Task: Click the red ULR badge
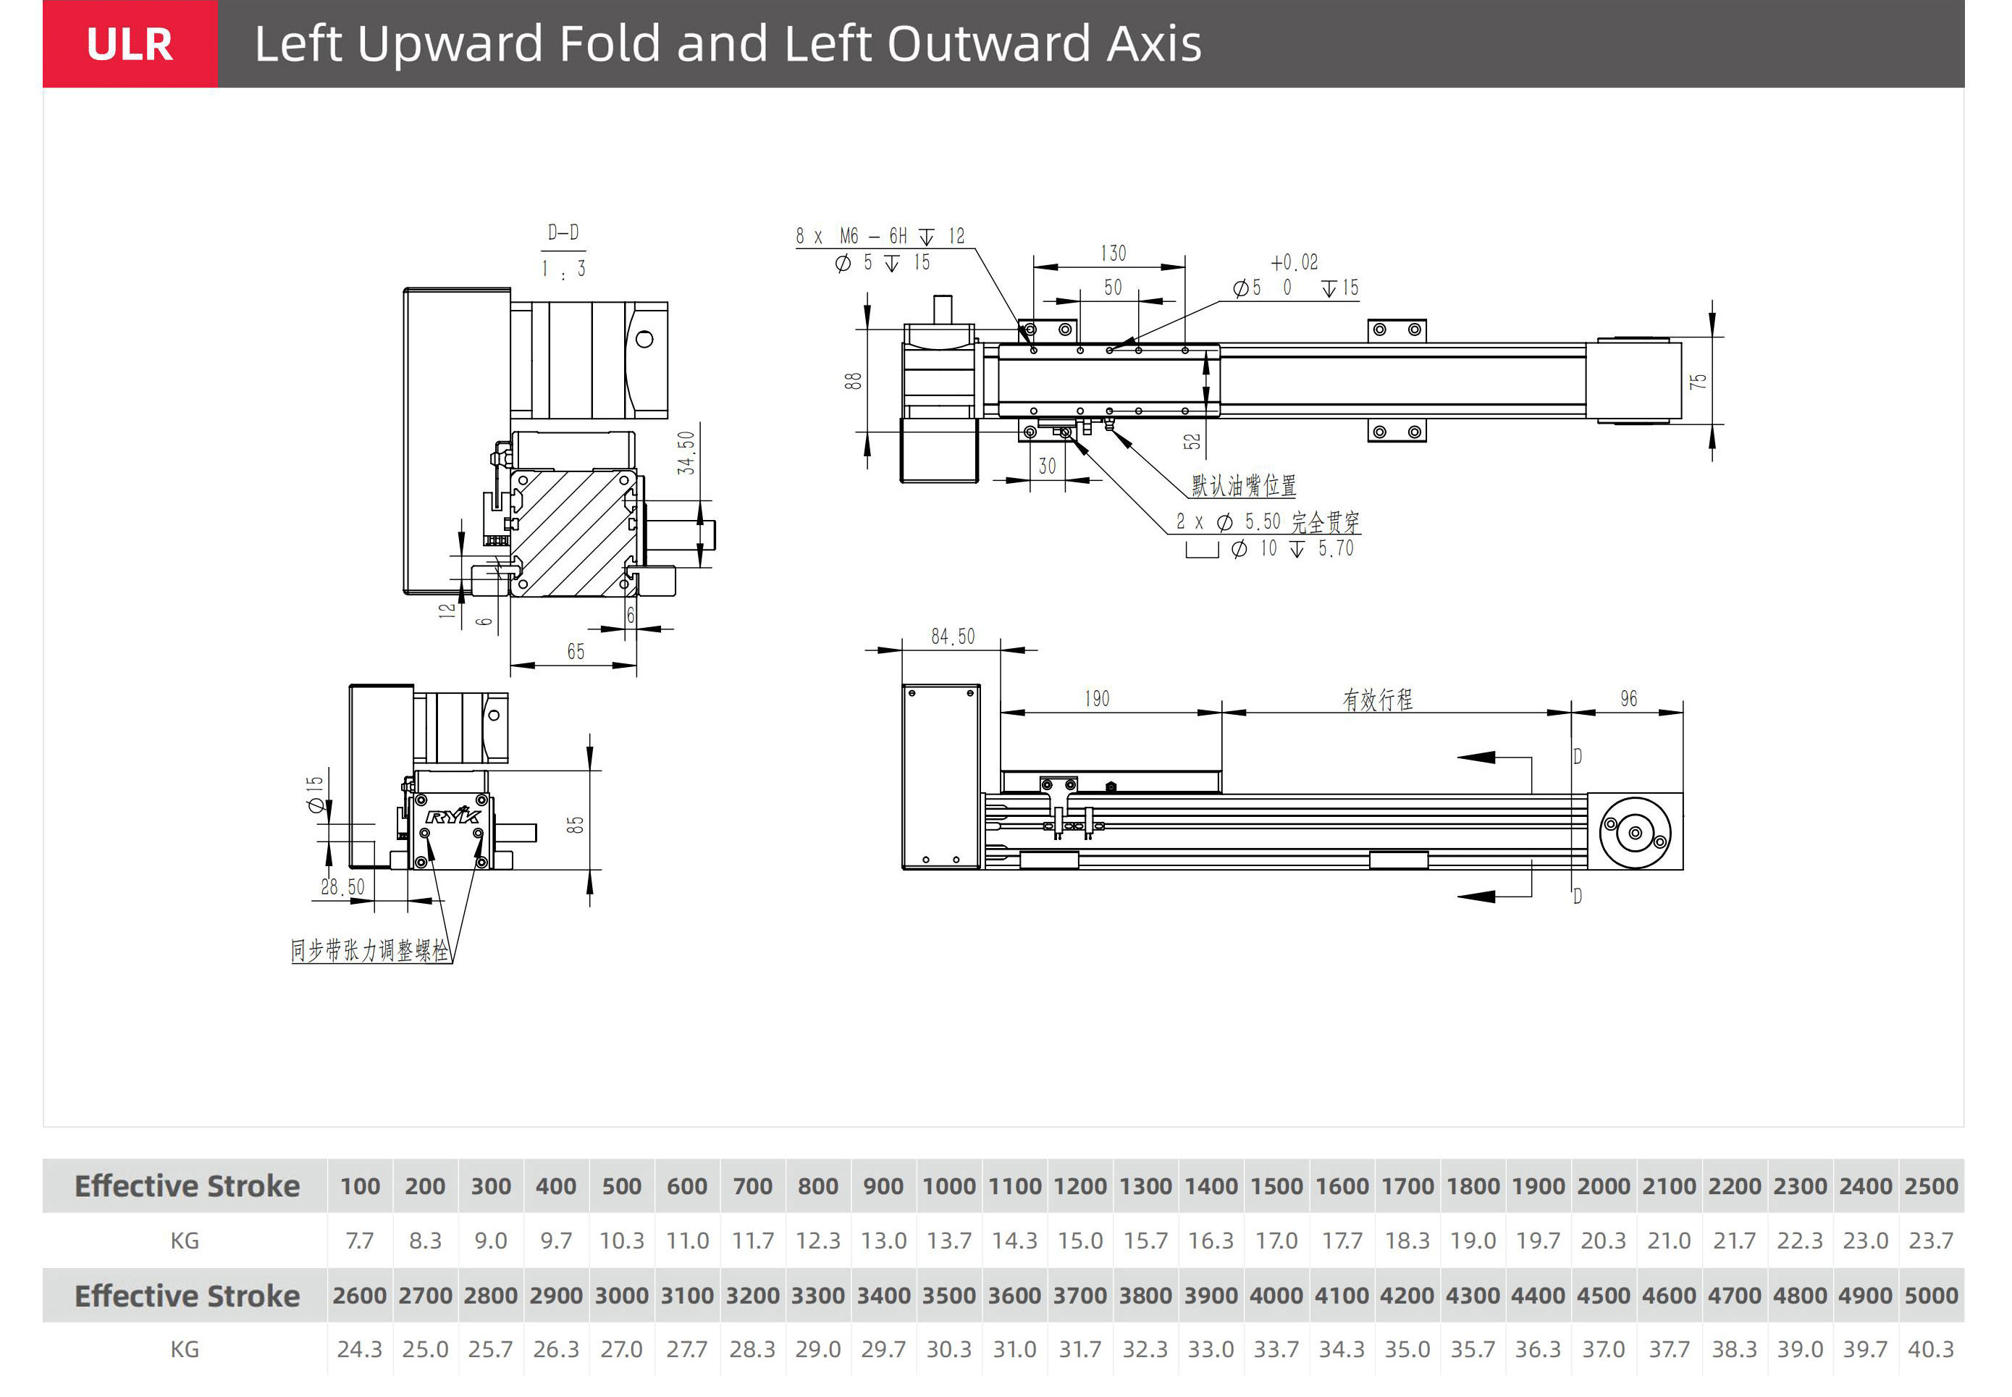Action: (x=130, y=43)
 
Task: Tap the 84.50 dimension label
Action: (x=952, y=637)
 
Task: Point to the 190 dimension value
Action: (x=1097, y=698)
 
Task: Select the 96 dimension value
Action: (x=1628, y=698)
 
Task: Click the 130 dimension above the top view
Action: (x=1112, y=254)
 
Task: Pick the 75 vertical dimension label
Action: (x=1698, y=382)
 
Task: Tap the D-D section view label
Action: (x=563, y=233)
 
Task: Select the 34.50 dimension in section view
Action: (x=687, y=453)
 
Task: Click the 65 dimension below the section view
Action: (x=575, y=651)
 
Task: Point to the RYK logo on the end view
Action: (x=453, y=817)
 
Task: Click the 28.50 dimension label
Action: (x=342, y=886)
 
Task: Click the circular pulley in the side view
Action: (x=1634, y=832)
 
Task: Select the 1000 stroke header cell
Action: (x=948, y=1186)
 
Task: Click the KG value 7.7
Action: (x=360, y=1241)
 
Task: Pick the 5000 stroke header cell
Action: (x=1931, y=1296)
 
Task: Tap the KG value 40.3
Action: (x=1931, y=1349)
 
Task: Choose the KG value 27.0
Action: (x=621, y=1349)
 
